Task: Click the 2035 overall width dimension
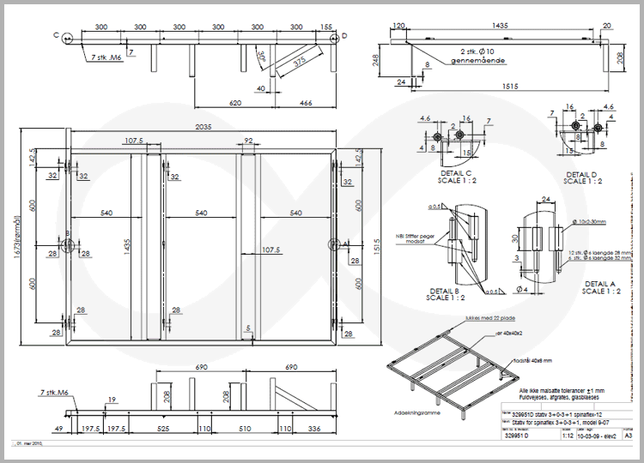(203, 126)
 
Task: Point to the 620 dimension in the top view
(234, 102)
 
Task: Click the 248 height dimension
(377, 60)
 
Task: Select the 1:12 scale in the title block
(543, 435)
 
